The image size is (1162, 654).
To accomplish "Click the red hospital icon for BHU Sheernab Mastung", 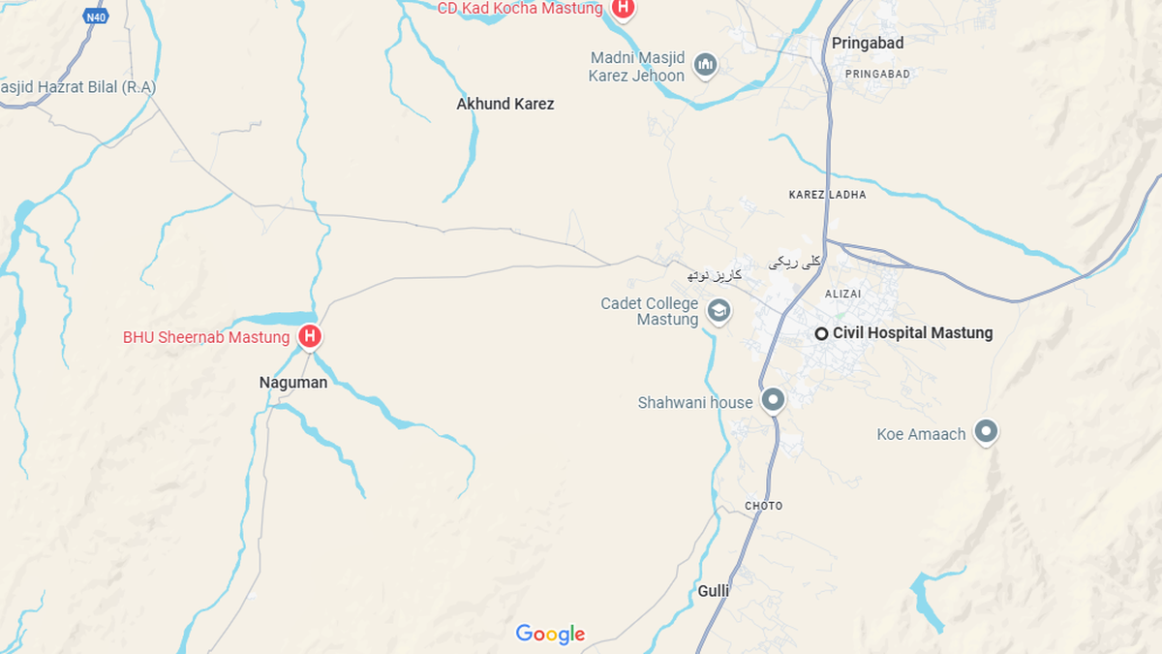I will coord(310,336).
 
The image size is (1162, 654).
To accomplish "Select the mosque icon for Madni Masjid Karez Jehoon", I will coord(706,66).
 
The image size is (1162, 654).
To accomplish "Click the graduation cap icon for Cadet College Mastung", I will coord(719,311).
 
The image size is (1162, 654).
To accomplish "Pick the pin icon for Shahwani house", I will coord(773,399).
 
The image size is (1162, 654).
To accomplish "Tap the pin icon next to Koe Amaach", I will coord(986,431).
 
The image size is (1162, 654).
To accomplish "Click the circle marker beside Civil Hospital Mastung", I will coord(821,333).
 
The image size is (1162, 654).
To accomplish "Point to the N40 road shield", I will coord(95,16).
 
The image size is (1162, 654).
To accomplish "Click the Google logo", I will coord(550,634).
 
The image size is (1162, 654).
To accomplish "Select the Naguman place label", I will coord(293,383).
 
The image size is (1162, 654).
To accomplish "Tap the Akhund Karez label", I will coord(505,104).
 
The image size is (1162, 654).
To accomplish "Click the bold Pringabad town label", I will coord(868,43).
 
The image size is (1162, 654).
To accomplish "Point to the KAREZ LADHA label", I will coord(828,195).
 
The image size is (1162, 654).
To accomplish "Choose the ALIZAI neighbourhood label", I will coord(842,294).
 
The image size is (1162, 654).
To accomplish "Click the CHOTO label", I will coord(764,506).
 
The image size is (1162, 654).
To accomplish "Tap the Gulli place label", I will coord(714,590).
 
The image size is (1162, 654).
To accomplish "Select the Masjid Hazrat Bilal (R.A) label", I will coord(77,87).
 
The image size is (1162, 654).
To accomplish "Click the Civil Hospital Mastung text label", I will coord(912,333).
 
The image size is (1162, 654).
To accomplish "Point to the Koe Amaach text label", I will coord(921,434).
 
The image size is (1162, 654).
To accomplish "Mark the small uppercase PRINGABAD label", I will coord(877,74).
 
